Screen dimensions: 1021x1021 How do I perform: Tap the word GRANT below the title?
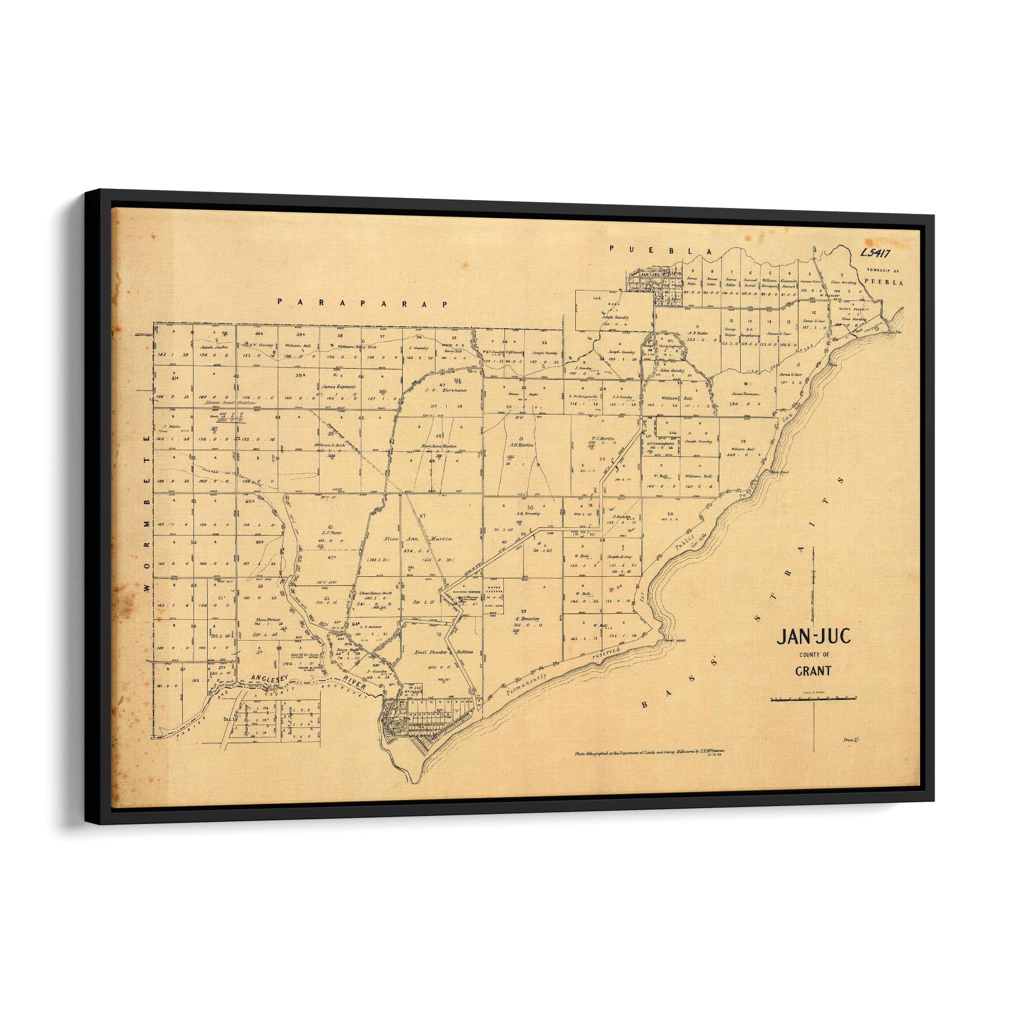(813, 672)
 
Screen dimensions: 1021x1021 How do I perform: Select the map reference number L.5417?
(876, 253)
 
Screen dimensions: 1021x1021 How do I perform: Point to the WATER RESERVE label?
(493, 588)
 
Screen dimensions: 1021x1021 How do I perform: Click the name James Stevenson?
(746, 394)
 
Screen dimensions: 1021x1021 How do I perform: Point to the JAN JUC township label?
(649, 275)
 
